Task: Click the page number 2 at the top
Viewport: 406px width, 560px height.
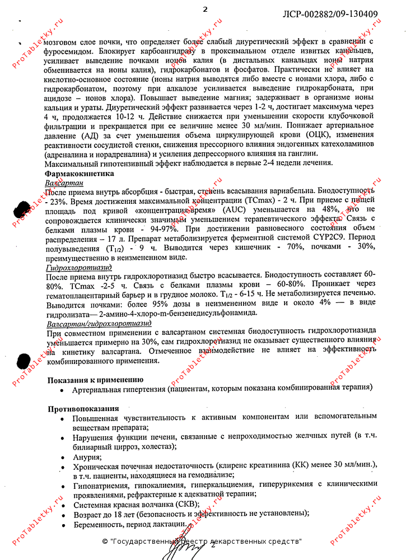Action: tap(205, 9)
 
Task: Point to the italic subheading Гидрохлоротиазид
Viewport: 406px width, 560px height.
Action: tap(78, 268)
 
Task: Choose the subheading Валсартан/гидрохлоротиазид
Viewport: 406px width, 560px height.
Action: tap(99, 324)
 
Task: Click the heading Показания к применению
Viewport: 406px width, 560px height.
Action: tap(91, 380)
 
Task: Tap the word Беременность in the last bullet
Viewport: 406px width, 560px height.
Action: tap(97, 525)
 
